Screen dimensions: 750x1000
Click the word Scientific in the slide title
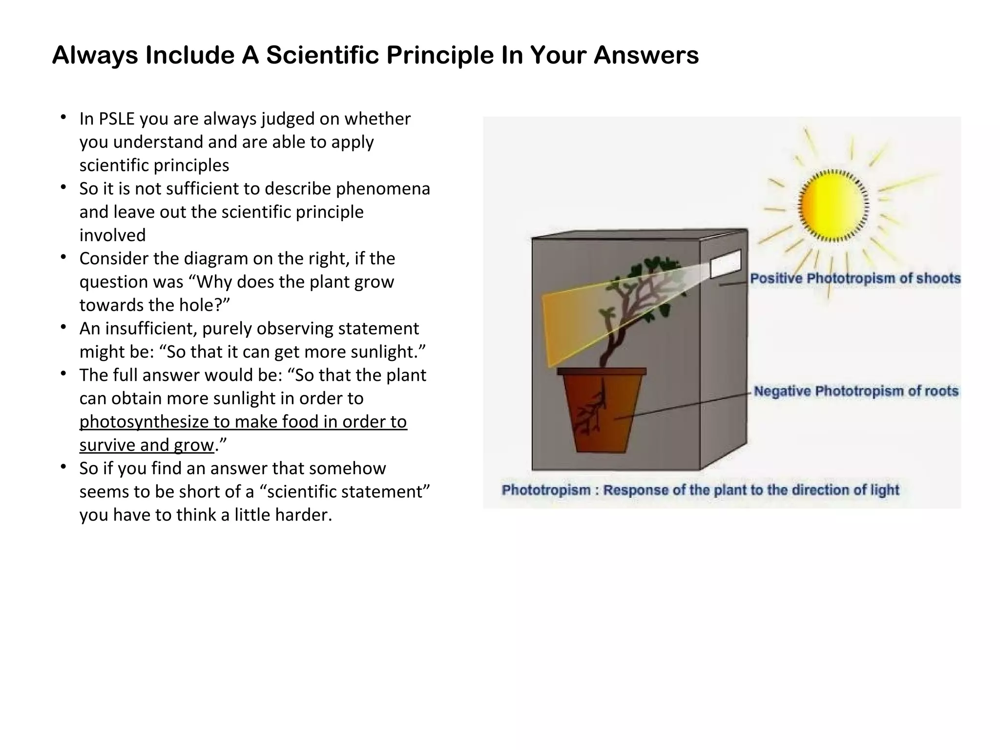click(x=322, y=55)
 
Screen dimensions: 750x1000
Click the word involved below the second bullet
click(x=112, y=235)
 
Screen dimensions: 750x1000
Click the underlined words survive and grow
click(x=146, y=445)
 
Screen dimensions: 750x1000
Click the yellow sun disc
click(x=833, y=205)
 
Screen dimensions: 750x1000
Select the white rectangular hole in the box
click(x=725, y=264)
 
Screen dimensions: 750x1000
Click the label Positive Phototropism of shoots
click(x=855, y=278)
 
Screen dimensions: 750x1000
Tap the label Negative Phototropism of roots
click(x=856, y=391)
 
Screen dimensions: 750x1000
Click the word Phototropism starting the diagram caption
click(x=546, y=490)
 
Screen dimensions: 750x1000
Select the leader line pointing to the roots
click(x=684, y=405)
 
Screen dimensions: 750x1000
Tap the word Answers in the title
click(x=646, y=55)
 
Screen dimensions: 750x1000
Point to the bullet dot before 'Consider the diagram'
click(x=63, y=257)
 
